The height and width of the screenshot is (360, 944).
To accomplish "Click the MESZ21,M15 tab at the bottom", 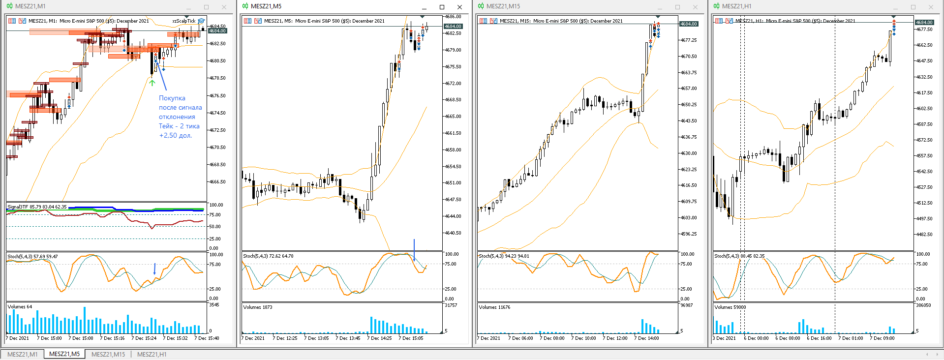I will tap(108, 354).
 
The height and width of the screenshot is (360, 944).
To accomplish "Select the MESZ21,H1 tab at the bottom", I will tap(152, 354).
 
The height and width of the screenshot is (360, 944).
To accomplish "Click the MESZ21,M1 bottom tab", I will tap(23, 354).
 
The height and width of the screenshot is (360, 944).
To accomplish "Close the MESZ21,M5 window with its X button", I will tap(459, 7).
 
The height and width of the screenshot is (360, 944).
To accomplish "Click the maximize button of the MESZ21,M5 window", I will tap(442, 7).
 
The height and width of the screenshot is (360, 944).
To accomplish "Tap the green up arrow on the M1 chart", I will tap(152, 83).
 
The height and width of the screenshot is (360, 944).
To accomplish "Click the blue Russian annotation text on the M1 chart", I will tap(180, 117).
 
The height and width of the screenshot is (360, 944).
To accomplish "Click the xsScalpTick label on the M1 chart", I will tap(183, 21).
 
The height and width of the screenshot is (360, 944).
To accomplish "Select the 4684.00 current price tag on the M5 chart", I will tap(453, 26).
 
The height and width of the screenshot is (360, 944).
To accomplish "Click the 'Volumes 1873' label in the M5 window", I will tap(258, 307).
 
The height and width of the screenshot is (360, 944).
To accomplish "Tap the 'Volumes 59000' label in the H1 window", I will tap(730, 307).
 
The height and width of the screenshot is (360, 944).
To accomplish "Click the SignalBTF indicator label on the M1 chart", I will tap(37, 207).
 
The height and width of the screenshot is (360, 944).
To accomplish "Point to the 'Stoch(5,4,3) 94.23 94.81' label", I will tap(504, 256).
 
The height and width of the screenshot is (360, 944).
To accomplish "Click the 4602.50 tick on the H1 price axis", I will tap(924, 109).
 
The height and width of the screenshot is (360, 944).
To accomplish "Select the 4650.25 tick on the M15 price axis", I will tap(688, 105).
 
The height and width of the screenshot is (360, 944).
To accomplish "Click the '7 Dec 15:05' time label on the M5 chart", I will tap(411, 338).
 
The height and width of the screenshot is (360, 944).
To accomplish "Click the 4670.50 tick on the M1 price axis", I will tap(217, 148).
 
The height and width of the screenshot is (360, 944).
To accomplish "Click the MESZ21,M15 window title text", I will tap(503, 6).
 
